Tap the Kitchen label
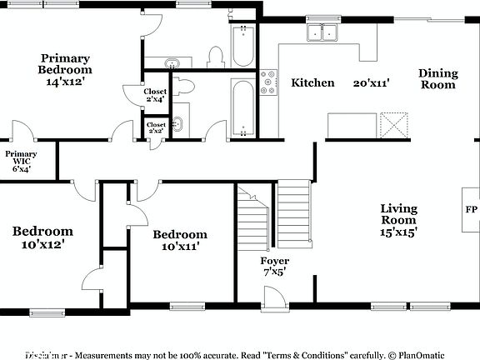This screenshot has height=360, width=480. [x=312, y=82]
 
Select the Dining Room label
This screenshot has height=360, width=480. [x=437, y=79]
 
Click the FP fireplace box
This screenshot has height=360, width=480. [x=471, y=210]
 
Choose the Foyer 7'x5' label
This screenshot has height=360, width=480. [x=274, y=267]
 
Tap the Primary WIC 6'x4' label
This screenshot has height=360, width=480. [x=20, y=162]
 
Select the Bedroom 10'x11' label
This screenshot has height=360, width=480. [x=180, y=241]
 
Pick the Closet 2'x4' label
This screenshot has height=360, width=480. [x=156, y=95]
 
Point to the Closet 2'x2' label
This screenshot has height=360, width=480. [x=156, y=127]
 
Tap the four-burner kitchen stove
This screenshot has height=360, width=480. [x=269, y=83]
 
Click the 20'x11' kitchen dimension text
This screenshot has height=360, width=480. [x=372, y=83]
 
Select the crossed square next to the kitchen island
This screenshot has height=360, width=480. [x=395, y=125]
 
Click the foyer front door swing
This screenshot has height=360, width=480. [x=272, y=294]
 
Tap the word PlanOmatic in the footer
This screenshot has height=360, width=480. [x=427, y=353]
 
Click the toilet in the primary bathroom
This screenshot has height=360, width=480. [x=216, y=57]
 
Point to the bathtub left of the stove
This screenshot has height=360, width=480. [x=243, y=107]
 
